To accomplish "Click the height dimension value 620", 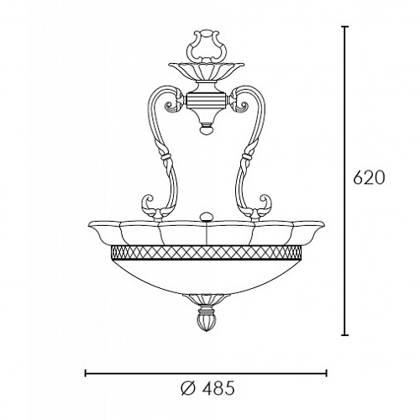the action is point(369,177).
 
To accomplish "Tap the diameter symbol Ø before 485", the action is point(188,388).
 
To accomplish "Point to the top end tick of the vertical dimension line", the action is point(345,27).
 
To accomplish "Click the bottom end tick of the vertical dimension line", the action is point(345,334).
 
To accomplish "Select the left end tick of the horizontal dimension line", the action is point(86,373).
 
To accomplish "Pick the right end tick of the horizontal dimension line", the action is point(326,373).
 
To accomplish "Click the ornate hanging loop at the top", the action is point(207,46).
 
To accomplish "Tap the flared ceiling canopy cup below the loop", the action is point(207,71).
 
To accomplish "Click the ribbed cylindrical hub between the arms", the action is point(207,101).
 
